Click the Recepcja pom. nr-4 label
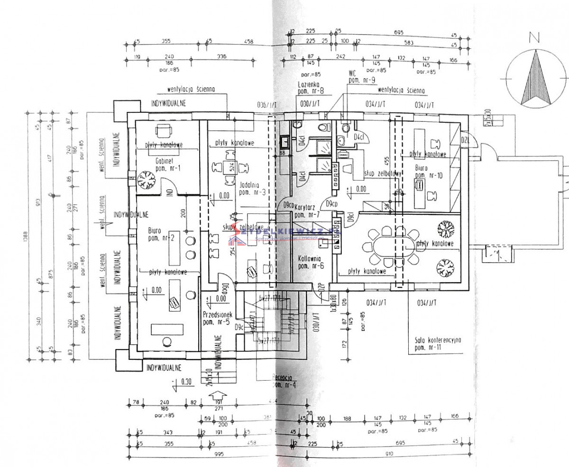pyautogui.click(x=284, y=382)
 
